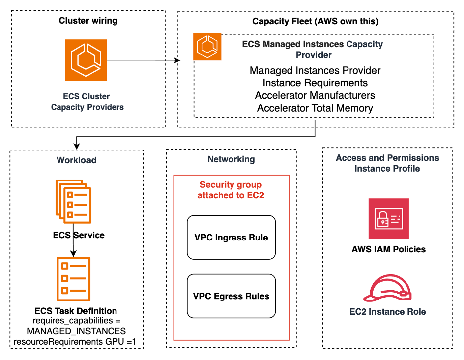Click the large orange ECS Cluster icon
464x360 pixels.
tap(86, 60)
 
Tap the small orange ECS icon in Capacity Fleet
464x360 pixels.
tap(207, 47)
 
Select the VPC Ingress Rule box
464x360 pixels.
tap(231, 238)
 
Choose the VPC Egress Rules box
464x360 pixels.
tap(231, 296)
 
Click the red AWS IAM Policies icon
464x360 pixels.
tap(389, 219)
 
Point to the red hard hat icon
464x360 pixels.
tap(387, 288)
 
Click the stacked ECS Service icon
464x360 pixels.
tap(73, 201)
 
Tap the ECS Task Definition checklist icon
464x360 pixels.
tap(73, 279)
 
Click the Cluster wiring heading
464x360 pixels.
tap(88, 21)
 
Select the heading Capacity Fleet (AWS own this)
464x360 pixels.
tap(315, 21)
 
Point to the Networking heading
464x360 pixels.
tap(231, 159)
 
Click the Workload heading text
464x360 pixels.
tap(76, 160)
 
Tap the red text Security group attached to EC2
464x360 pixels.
tap(231, 190)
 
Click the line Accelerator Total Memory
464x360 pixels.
tap(315, 108)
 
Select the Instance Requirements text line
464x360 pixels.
tap(315, 83)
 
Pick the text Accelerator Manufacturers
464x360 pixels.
tap(315, 95)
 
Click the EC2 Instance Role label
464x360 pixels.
tap(388, 312)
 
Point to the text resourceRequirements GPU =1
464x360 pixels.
tap(75, 342)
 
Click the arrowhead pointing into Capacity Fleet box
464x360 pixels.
tap(177, 60)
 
